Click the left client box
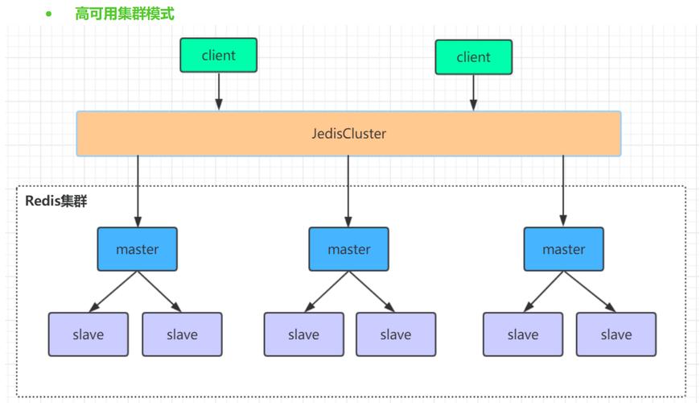coord(218,56)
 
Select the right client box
coord(473,57)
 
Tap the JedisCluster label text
coord(348,134)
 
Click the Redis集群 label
coord(56,201)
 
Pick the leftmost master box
coord(138,249)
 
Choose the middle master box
coord(348,249)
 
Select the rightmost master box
coord(563,249)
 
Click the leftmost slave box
coord(88,334)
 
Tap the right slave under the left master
coord(182,334)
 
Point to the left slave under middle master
coord(303,334)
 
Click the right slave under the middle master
coord(396,334)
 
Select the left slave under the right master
coord(523,334)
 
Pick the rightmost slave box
coord(616,334)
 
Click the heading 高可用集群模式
coord(124,14)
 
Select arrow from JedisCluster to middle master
coord(348,191)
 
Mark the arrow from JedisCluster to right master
coord(563,191)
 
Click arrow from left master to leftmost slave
coord(113,292)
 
